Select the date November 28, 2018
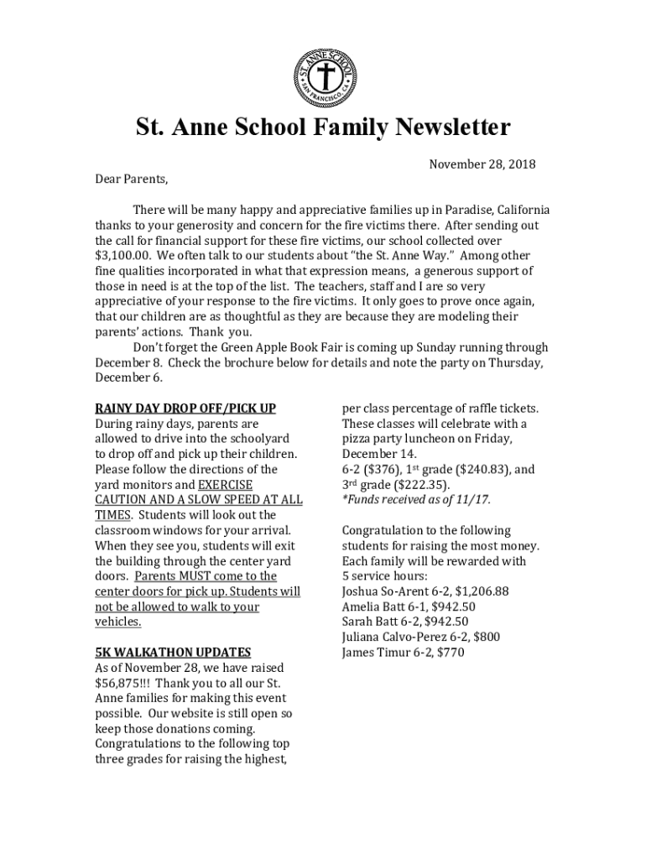(x=482, y=164)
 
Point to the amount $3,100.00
(x=122, y=255)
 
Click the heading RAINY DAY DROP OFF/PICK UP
(x=185, y=409)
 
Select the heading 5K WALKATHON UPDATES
(x=173, y=652)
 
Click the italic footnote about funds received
(x=416, y=500)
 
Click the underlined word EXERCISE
(x=225, y=485)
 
